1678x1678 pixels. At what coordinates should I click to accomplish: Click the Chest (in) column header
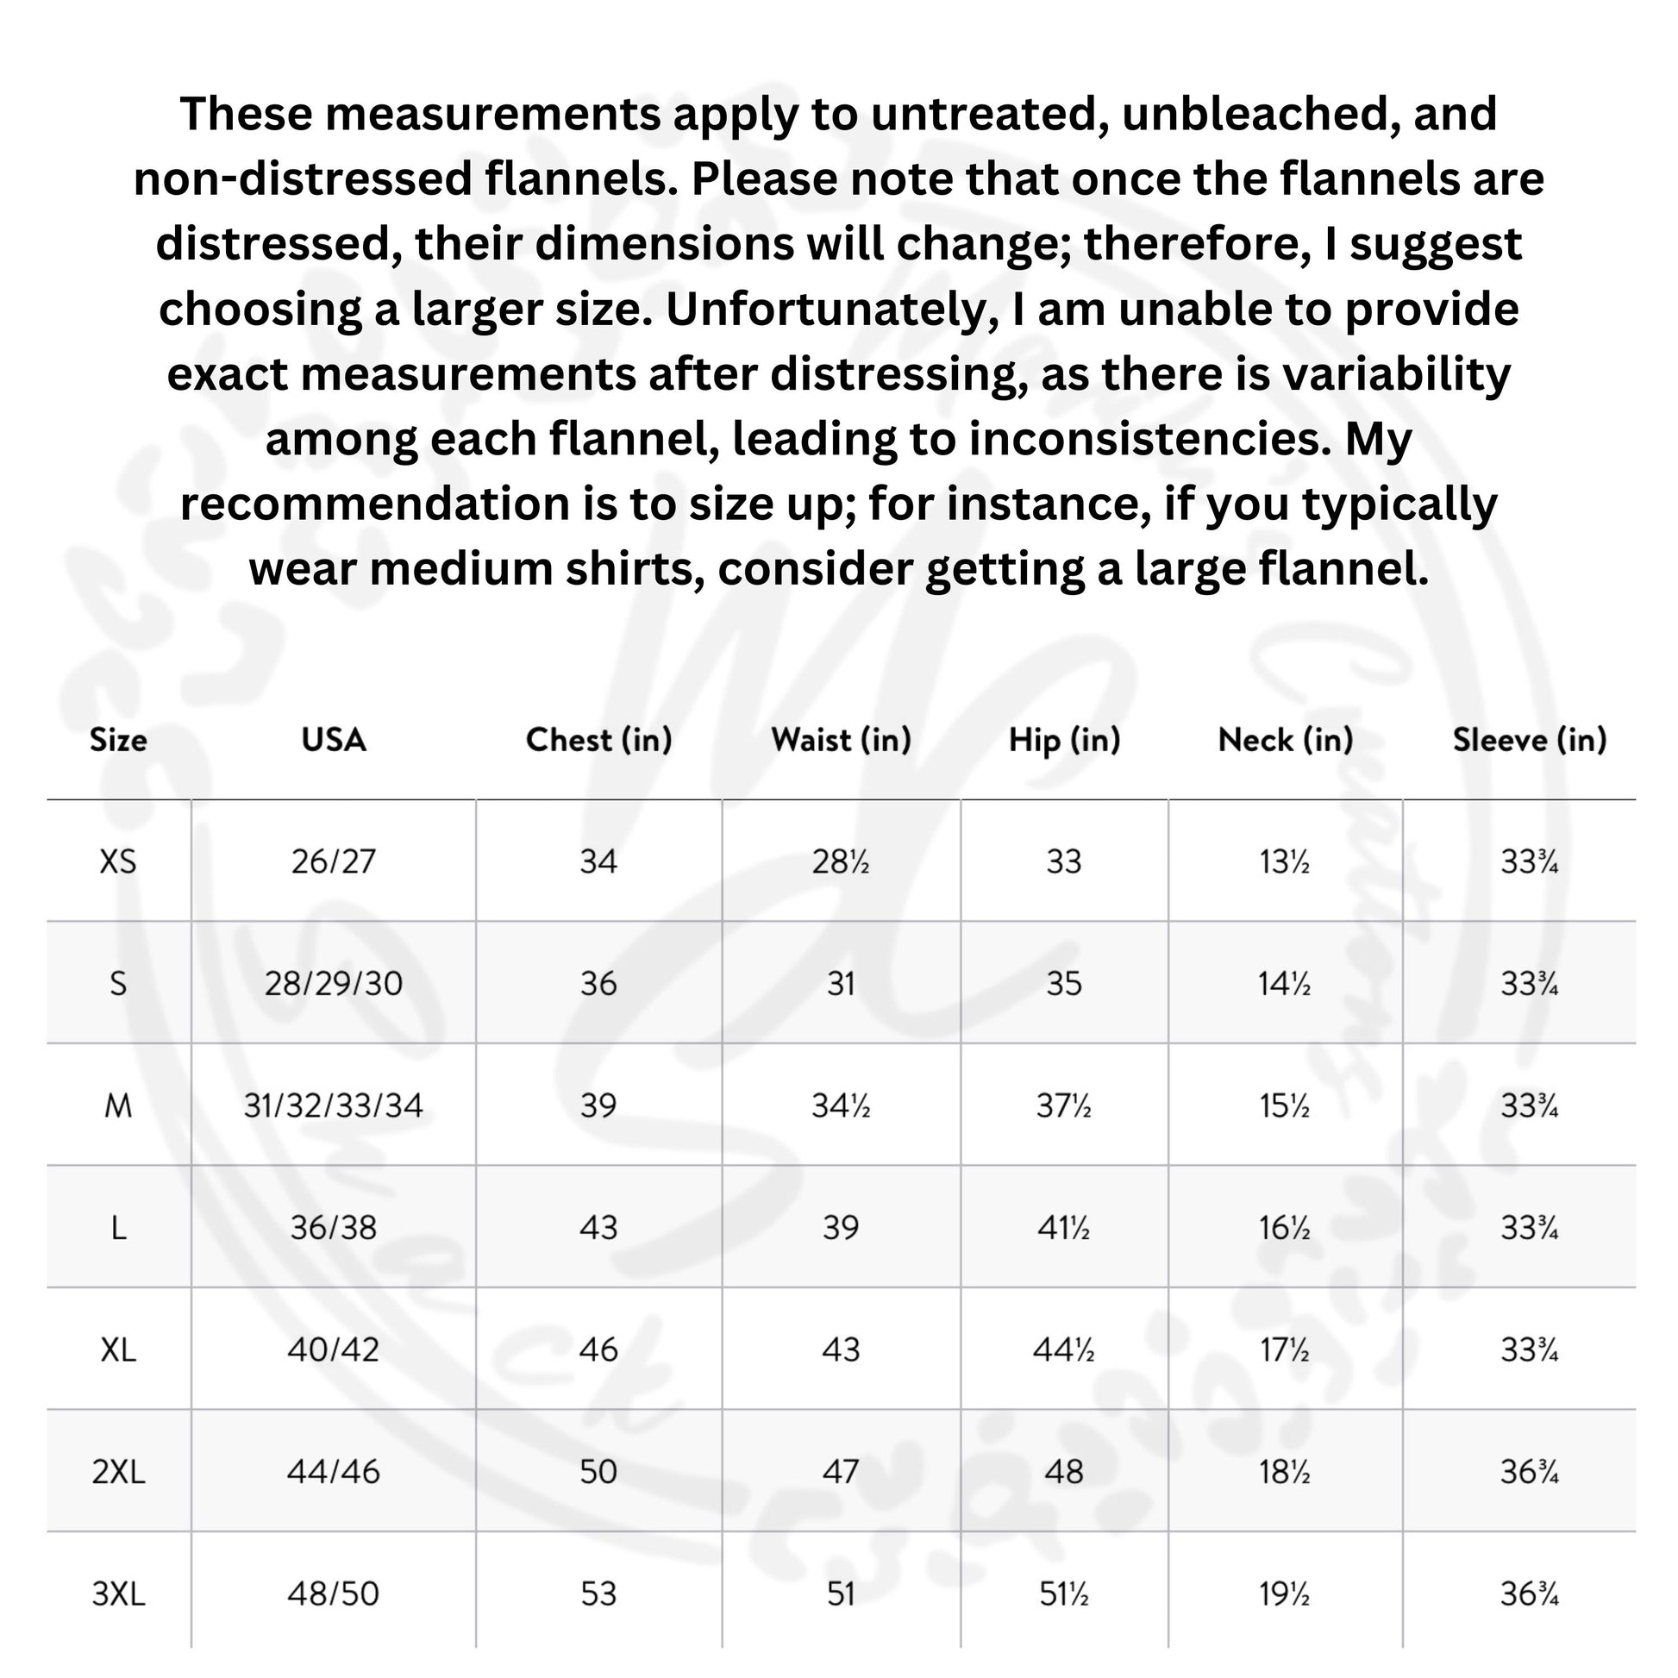click(598, 740)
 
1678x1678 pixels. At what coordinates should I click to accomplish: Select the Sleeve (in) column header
click(1530, 740)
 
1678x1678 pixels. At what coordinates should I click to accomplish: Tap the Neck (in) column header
click(1286, 740)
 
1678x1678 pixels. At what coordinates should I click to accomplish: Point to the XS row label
click(118, 861)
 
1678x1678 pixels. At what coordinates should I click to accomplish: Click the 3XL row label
click(118, 1593)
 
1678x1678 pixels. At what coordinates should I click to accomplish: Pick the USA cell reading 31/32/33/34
click(333, 1105)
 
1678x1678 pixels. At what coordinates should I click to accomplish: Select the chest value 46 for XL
click(598, 1349)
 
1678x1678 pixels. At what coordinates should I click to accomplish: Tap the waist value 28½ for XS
click(841, 861)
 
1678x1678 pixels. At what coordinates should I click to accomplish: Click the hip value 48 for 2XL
click(1064, 1471)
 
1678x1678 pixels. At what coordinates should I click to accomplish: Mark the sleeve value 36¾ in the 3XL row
click(1530, 1593)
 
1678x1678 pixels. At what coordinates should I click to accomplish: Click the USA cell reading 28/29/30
click(333, 983)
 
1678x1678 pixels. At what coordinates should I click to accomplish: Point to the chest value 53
click(598, 1593)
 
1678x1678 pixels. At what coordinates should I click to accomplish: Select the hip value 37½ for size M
click(1064, 1105)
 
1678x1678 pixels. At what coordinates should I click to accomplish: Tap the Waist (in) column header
click(841, 740)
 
